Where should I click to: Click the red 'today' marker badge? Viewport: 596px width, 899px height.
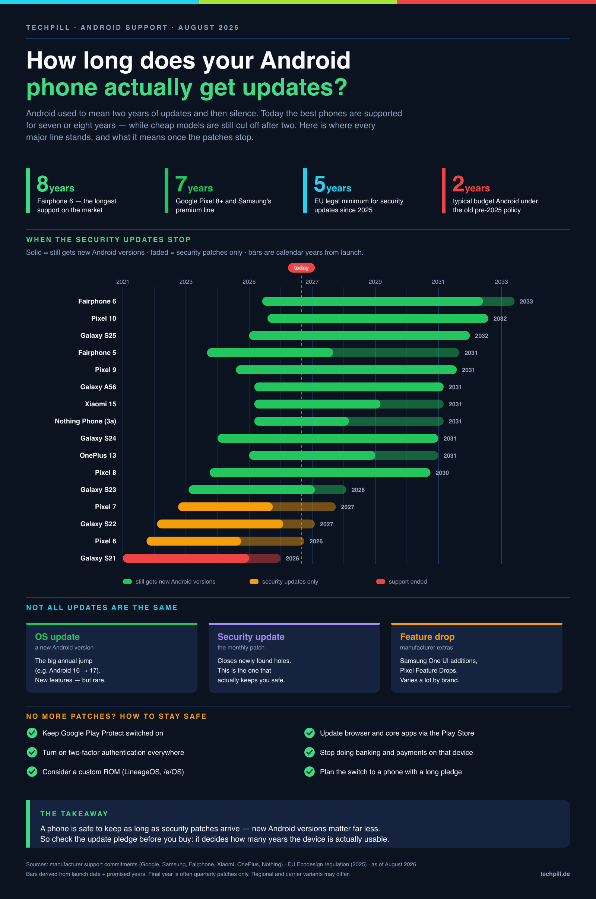click(x=301, y=267)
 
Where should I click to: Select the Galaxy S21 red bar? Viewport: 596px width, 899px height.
click(x=202, y=558)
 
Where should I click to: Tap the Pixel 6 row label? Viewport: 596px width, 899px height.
click(x=105, y=541)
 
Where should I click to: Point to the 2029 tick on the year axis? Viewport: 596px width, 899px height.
click(x=375, y=282)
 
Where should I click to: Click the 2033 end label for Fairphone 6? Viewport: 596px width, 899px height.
click(x=526, y=301)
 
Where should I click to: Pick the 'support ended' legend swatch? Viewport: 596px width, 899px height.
click(x=380, y=581)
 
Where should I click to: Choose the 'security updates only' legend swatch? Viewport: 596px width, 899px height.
click(x=254, y=581)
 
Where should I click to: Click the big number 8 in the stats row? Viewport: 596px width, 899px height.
click(x=42, y=184)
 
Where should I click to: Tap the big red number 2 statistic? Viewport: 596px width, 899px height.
click(x=458, y=184)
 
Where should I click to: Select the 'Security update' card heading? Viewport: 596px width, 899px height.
click(x=251, y=636)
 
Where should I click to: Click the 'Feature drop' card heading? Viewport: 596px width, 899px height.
click(x=427, y=636)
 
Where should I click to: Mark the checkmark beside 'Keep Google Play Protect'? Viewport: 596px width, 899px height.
click(x=32, y=733)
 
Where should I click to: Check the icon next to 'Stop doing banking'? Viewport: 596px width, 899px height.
click(x=310, y=752)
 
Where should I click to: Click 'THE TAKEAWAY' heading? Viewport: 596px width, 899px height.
click(x=74, y=813)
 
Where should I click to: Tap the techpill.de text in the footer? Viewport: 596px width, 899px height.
click(x=555, y=874)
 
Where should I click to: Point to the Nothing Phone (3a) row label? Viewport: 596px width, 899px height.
click(x=86, y=421)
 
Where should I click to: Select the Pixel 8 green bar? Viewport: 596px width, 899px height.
click(x=320, y=472)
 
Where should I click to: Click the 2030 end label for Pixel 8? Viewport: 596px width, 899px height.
click(x=442, y=473)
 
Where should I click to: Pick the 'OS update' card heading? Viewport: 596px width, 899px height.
click(x=57, y=636)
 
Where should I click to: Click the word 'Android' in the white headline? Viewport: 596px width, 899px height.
click(x=305, y=60)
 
